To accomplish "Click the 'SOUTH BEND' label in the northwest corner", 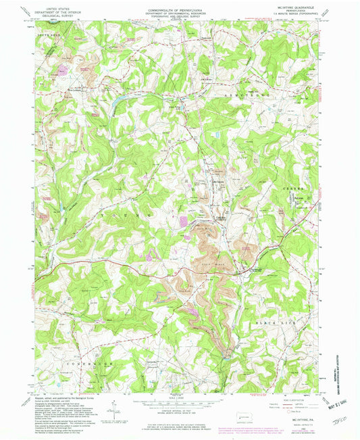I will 43,32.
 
